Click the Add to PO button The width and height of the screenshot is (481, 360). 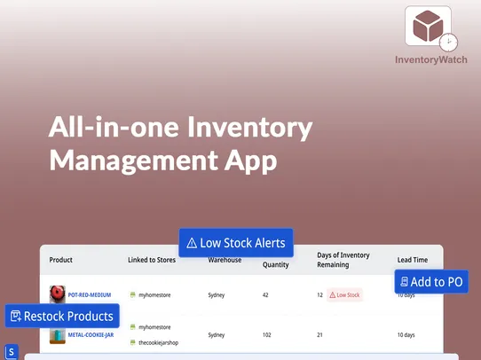[431, 282]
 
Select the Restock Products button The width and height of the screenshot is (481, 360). [62, 316]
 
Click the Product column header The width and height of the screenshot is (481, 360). [61, 260]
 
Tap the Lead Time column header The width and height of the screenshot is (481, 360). [413, 260]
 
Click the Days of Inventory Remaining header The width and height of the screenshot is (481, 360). [344, 260]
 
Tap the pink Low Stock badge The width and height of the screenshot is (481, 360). [345, 294]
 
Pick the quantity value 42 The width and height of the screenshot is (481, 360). [265, 294]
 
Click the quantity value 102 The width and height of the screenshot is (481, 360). [267, 335]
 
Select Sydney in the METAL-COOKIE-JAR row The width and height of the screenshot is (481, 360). [217, 335]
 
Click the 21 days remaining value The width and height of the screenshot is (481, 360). [319, 335]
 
